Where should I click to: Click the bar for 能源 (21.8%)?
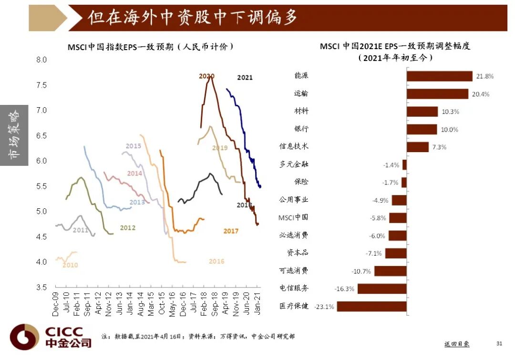coord(439,76)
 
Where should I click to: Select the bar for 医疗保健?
coord(371,306)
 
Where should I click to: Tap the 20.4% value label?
coord(481,94)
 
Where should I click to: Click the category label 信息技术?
coord(294,146)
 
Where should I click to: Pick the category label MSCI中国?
coord(293,217)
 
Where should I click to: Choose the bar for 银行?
coord(422,129)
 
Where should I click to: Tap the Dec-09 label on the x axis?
coord(55,304)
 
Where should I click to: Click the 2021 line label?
coord(245,77)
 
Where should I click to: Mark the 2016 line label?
coord(216,261)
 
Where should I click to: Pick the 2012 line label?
coord(128,228)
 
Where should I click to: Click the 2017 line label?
coord(231,231)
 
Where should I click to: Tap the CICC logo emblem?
coord(24,337)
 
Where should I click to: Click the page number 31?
coord(499,343)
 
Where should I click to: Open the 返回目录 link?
coord(456,344)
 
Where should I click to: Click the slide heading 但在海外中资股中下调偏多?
coord(193,18)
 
